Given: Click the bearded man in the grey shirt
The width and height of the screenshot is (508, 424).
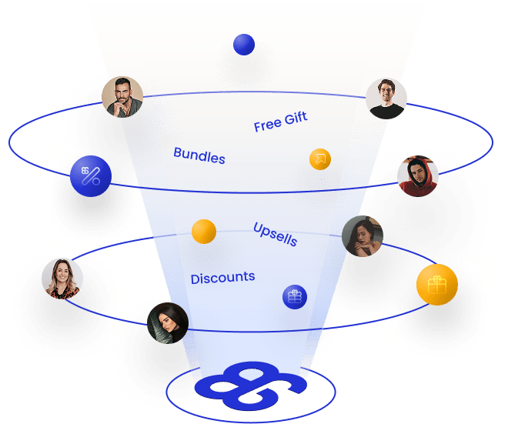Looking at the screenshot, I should point(122,96).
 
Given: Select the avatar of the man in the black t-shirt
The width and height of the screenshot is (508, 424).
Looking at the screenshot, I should point(386,98).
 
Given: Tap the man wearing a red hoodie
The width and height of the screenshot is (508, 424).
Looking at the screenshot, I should point(418,177).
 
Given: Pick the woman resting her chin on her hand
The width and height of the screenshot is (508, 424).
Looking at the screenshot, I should point(362,236).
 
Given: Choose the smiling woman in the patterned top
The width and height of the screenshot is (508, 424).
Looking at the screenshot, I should point(62,279).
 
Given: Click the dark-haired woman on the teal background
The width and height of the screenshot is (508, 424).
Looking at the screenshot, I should point(168,322).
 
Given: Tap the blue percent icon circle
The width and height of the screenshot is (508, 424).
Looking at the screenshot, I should point(91,177).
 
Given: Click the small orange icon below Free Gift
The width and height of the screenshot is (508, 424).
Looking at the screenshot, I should point(320,159).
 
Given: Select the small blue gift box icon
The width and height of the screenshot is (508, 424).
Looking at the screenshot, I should point(294,296).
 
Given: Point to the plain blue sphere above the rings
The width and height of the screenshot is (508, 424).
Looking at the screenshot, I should point(244,45).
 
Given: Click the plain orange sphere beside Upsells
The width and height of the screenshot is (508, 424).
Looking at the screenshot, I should point(204,231).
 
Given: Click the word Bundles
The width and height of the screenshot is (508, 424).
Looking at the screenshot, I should point(199,155).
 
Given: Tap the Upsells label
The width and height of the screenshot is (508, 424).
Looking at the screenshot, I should point(275,233).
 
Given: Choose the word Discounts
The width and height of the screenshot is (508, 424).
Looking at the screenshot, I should point(222,278).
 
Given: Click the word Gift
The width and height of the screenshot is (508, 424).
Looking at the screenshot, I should point(296,118).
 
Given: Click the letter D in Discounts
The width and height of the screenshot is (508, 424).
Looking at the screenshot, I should point(196,279).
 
